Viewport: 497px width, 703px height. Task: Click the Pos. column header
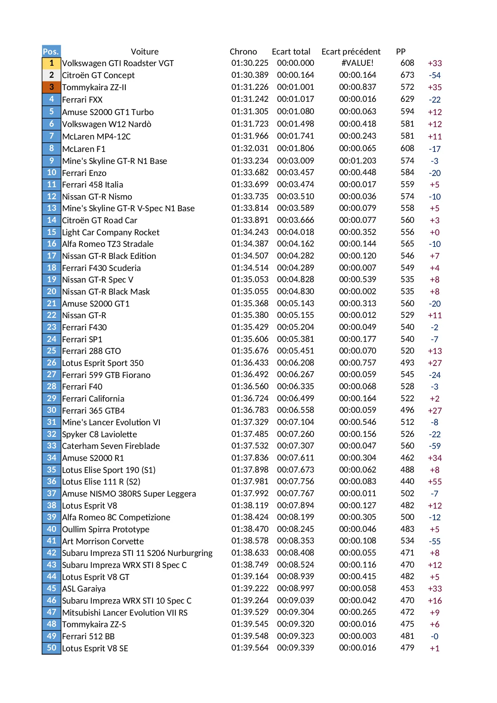pos(51,51)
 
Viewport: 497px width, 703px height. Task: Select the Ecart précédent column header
pos(351,52)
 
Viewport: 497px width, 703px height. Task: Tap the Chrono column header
pos(243,52)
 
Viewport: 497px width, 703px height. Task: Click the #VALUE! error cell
pos(357,63)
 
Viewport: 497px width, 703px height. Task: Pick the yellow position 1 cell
pos(51,63)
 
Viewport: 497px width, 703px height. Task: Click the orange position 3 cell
pos(51,87)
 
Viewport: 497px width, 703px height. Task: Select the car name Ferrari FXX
pos(82,100)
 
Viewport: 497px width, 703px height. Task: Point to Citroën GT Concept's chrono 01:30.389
pos(250,75)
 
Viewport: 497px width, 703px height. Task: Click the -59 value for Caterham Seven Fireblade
pos(435,446)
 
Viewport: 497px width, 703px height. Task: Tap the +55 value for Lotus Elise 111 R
pos(435,482)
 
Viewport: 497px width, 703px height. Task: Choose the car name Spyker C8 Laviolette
pos(99,434)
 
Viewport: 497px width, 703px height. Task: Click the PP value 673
pos(407,75)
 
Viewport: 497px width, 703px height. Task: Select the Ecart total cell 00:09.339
pos(296,648)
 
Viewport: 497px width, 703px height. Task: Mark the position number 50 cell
pos(51,648)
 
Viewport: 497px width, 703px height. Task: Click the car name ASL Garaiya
pos(84,589)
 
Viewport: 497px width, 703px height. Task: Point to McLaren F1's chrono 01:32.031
pos(250,148)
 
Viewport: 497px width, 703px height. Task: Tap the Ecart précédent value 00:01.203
pos(357,161)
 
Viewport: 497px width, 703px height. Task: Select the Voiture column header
pos(145,52)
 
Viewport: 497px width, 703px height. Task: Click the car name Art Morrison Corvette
pos(103,541)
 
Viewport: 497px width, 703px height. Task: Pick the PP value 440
pos(407,481)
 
